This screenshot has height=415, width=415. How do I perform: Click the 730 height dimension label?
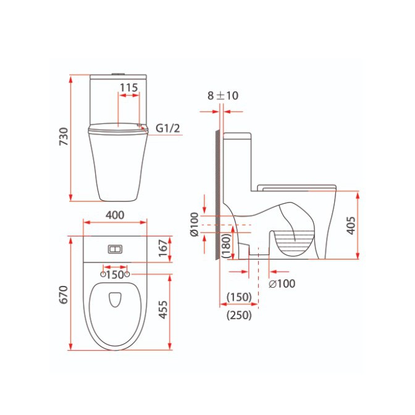tap(64, 136)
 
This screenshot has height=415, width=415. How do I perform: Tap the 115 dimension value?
tap(129, 88)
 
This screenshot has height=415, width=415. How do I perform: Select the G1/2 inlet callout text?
tap(168, 128)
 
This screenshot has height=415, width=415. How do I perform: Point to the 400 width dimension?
tap(115, 215)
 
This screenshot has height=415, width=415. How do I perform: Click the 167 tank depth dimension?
tap(163, 248)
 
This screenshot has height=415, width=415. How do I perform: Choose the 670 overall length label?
tap(64, 295)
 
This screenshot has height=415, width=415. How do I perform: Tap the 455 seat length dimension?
tap(163, 309)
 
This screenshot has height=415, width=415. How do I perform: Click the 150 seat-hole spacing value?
tap(115, 275)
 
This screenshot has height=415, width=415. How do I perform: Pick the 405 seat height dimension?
tap(351, 225)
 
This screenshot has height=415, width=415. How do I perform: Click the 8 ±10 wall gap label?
tap(223, 96)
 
